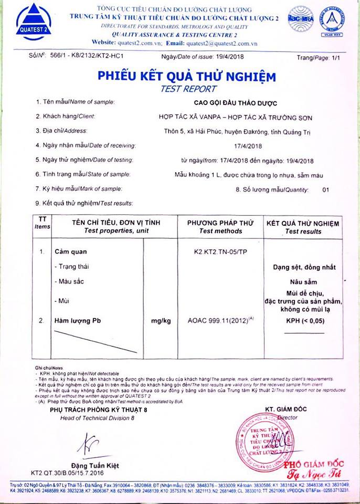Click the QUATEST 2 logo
34,22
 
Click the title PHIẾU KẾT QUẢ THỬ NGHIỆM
186,77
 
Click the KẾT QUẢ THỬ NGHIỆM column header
303,224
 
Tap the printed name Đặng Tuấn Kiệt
97,465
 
